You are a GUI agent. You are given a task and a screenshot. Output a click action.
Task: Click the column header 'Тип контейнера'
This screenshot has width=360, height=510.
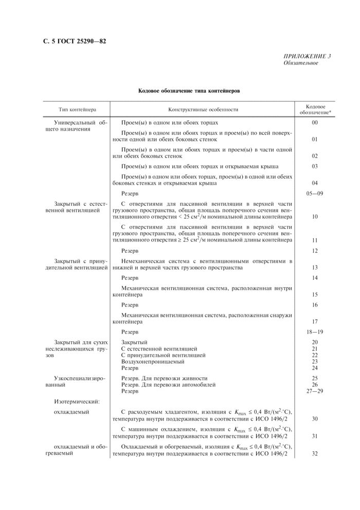point(77,110)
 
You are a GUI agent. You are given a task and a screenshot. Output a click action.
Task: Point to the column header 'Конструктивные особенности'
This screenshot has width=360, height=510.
point(203,110)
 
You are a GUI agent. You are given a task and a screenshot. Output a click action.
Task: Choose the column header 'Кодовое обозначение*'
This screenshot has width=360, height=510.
point(315,110)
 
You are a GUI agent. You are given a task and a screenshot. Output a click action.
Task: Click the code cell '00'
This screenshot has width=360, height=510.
point(315,122)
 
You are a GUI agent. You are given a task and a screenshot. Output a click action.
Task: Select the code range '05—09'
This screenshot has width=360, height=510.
point(315,194)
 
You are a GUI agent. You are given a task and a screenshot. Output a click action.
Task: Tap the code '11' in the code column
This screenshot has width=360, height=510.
point(315,240)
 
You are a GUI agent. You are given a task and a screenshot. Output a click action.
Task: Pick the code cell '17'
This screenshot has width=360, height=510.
point(315,322)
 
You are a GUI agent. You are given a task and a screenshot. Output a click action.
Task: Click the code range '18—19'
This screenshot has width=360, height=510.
point(315,332)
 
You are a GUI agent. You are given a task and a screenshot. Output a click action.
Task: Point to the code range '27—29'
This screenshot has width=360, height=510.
point(315,391)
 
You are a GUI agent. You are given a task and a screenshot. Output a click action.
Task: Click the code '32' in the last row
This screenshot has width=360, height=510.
point(315,453)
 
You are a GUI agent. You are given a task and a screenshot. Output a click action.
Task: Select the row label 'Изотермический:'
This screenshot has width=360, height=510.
point(77,401)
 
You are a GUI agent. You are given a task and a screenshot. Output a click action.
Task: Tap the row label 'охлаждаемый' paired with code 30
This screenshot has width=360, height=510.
point(71,412)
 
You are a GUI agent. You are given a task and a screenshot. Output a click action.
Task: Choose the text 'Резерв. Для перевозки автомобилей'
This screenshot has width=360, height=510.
point(168,384)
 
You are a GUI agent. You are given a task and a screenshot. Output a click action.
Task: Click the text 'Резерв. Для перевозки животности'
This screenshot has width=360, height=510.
point(164,378)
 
